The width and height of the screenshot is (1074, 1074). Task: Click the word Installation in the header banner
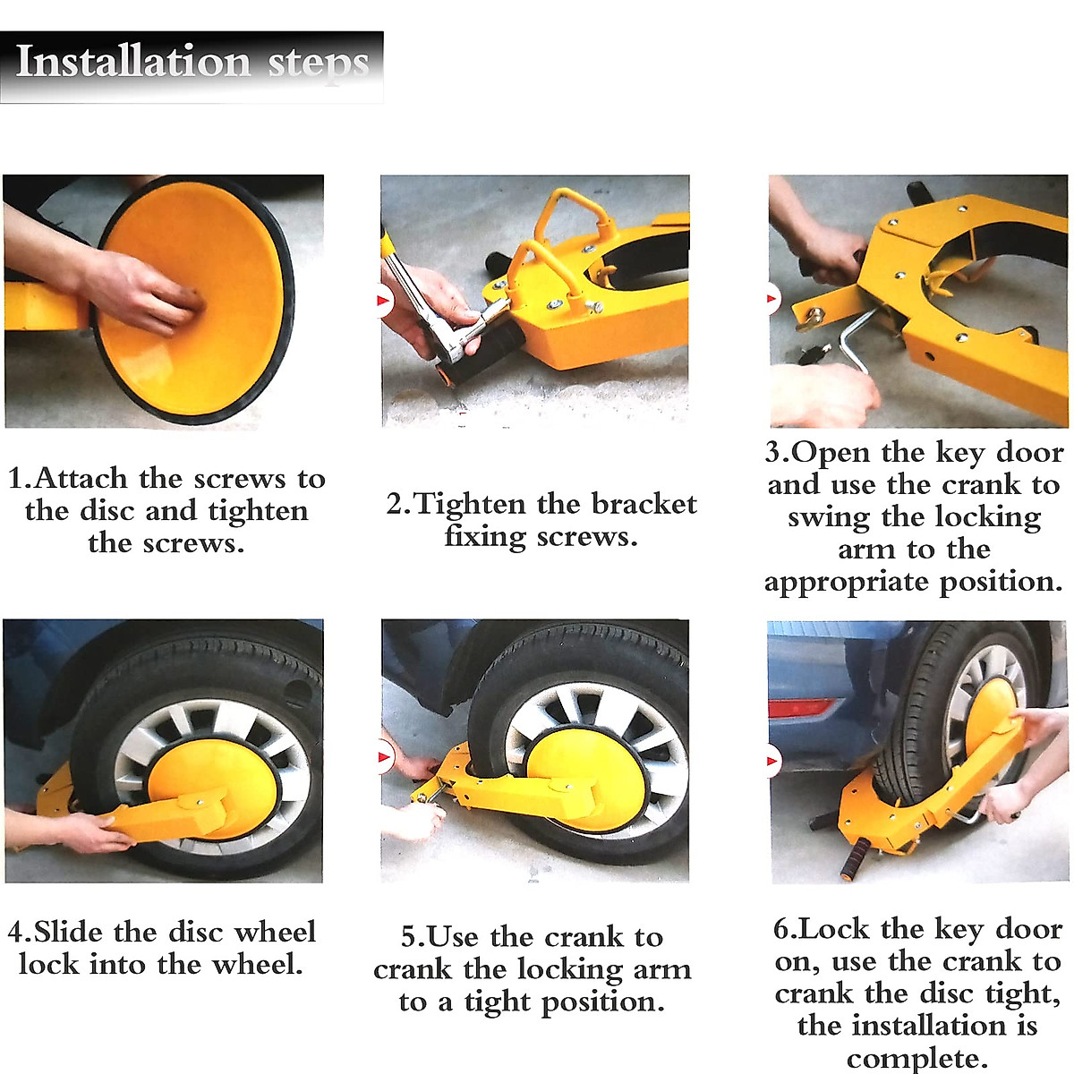click(x=132, y=62)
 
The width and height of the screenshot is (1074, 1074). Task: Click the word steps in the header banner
click(x=319, y=64)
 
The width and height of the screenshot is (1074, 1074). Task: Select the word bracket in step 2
click(x=644, y=504)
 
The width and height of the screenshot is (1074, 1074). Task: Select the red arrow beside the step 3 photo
click(x=773, y=298)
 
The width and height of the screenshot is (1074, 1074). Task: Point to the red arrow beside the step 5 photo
click(x=385, y=756)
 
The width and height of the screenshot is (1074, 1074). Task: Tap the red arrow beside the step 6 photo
click(x=773, y=761)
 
